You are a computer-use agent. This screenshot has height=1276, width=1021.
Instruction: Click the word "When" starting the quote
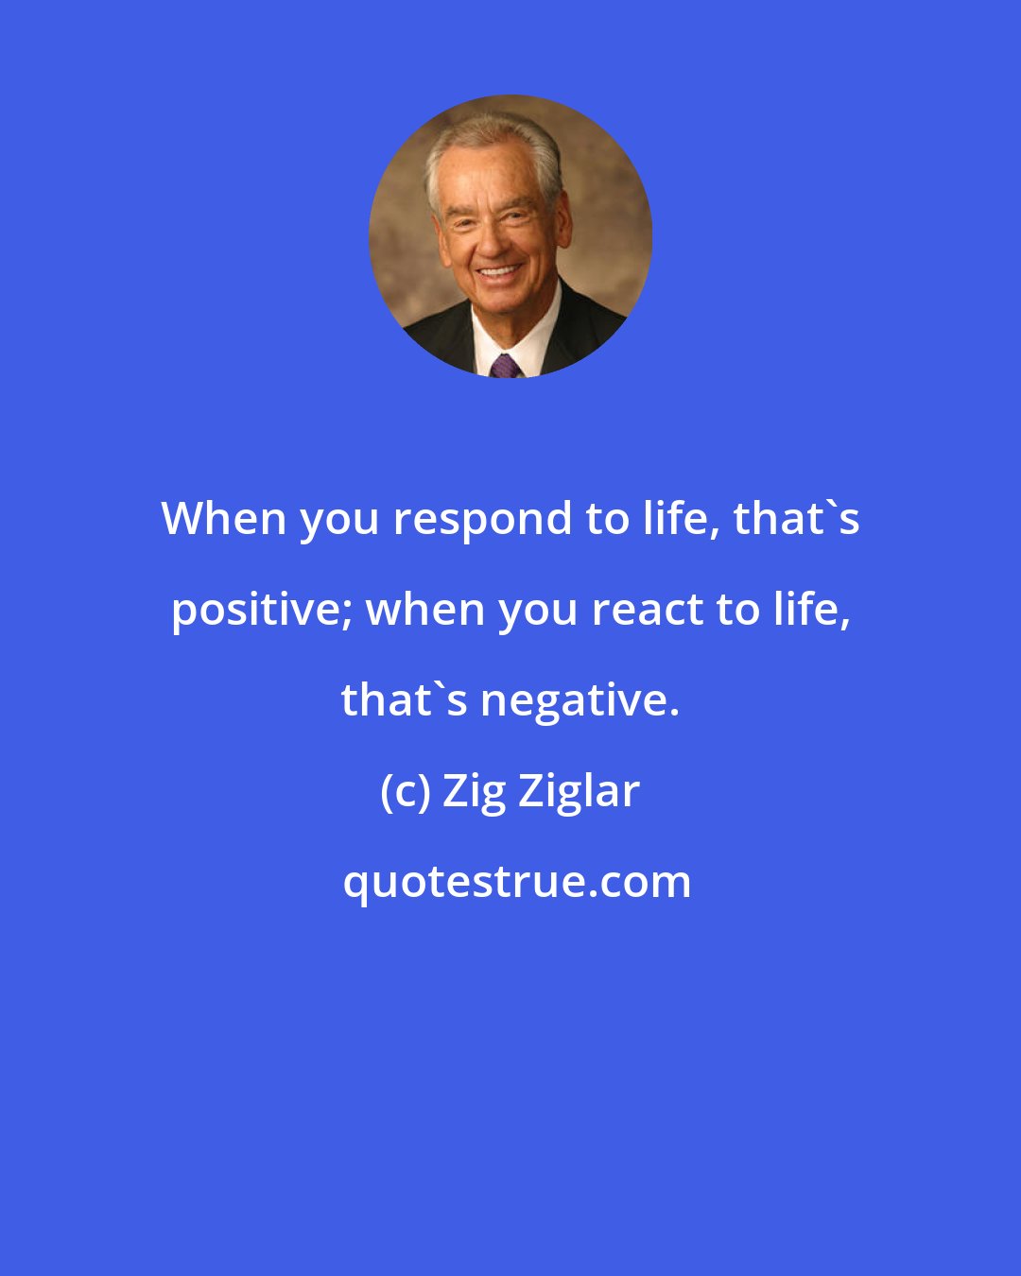223,519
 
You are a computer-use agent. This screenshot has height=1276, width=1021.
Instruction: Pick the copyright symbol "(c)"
406,792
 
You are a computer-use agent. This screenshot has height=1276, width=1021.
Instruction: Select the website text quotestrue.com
516,883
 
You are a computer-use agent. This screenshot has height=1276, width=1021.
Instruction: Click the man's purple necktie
504,366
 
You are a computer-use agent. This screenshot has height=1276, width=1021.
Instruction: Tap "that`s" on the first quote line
796,519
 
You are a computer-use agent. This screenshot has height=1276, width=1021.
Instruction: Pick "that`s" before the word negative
404,700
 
